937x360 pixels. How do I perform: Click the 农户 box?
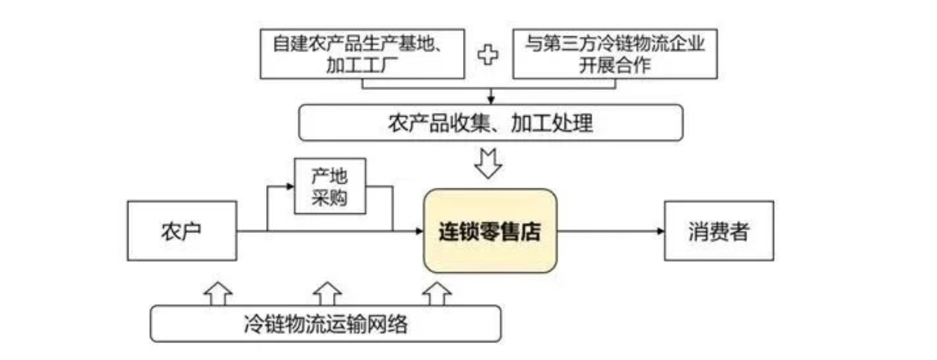click(182, 231)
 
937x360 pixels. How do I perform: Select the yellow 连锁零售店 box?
click(490, 231)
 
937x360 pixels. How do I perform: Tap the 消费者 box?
click(719, 231)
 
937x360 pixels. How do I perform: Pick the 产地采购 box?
click(330, 186)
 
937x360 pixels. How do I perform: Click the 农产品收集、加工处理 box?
click(491, 122)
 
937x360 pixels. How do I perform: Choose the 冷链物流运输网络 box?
click(325, 324)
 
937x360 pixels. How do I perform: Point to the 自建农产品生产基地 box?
click(362, 54)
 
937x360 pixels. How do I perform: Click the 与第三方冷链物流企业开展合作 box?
click(615, 54)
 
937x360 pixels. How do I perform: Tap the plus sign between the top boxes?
click(489, 55)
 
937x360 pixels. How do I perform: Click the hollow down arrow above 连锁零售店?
click(489, 164)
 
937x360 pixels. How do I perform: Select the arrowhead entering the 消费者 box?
click(661, 231)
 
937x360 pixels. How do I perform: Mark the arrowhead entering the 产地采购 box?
click(290, 186)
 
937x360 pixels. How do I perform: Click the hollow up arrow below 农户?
click(218, 294)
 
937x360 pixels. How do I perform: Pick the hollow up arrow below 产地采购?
click(328, 294)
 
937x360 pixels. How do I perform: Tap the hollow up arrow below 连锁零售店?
click(437, 294)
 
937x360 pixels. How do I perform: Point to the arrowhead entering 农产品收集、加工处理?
click(491, 100)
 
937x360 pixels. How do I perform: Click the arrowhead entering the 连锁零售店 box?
click(419, 231)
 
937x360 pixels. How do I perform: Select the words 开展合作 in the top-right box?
click(615, 65)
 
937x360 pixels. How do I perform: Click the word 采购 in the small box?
click(329, 198)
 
